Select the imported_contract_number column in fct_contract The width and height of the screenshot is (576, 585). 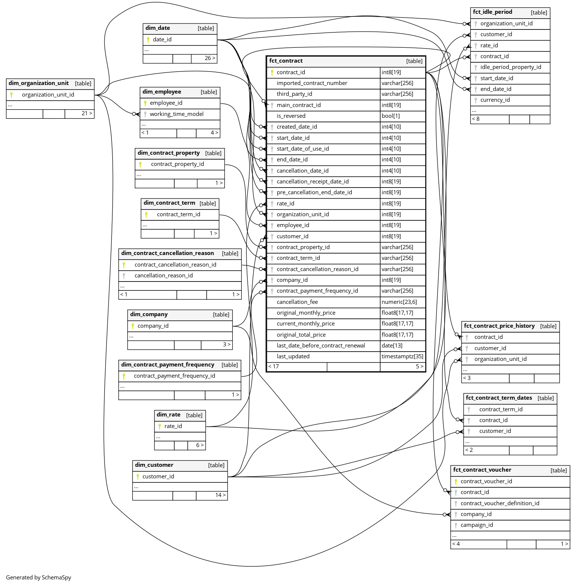[x=312, y=83]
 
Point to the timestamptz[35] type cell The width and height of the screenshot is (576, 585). [x=402, y=356]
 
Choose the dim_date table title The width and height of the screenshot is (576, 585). [x=158, y=28]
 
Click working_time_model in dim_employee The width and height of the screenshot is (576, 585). [x=176, y=114]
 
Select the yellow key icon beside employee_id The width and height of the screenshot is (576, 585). [x=145, y=103]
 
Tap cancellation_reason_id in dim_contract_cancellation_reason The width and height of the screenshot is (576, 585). [x=163, y=276]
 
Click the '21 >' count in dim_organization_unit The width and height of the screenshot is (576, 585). [x=87, y=113]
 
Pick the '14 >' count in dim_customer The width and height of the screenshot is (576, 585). [x=220, y=495]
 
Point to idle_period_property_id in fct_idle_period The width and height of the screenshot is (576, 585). [x=510, y=67]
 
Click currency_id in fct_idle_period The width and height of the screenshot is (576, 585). [x=495, y=100]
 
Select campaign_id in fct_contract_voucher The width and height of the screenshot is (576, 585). [x=476, y=525]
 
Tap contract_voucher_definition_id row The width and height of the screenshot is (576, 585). [x=500, y=503]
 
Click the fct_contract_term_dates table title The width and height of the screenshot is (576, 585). [x=499, y=398]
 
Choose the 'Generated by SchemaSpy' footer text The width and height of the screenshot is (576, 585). [x=38, y=578]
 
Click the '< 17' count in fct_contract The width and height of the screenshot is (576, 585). [x=273, y=367]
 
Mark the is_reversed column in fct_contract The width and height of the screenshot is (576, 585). [x=291, y=116]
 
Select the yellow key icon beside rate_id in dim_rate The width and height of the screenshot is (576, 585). [x=160, y=426]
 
